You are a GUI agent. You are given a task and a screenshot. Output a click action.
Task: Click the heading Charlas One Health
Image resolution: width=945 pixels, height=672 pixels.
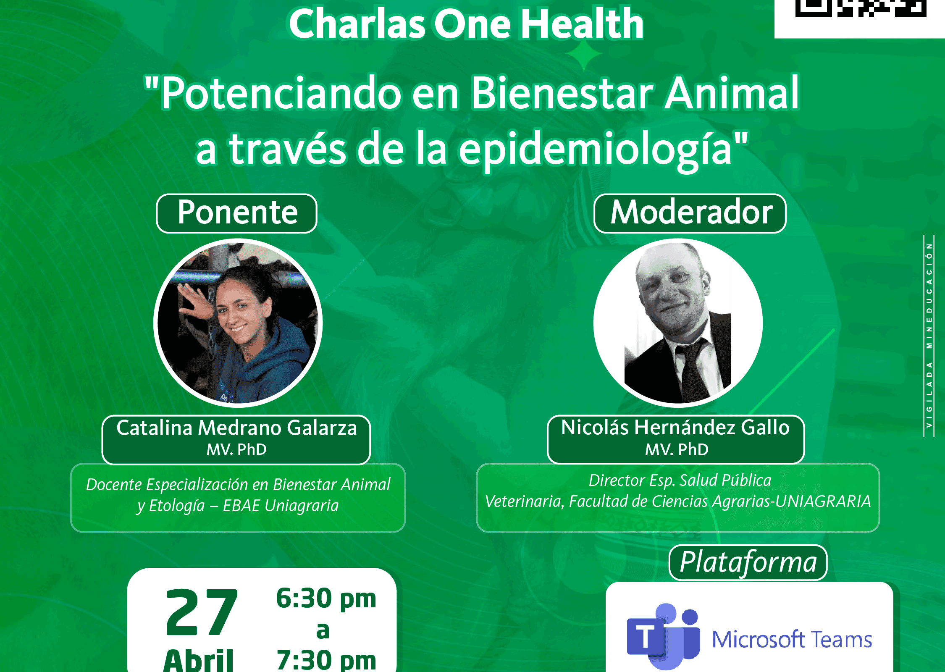(x=466, y=24)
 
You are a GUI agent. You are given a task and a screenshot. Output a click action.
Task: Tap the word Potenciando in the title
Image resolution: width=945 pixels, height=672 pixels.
(x=281, y=93)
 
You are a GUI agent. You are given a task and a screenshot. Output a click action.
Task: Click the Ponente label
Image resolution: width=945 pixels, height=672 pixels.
(x=237, y=213)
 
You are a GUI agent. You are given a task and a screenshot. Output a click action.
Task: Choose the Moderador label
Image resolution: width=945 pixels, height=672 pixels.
(x=690, y=213)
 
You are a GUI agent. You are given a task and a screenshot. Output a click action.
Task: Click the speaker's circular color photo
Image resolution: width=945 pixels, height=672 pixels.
(x=238, y=323)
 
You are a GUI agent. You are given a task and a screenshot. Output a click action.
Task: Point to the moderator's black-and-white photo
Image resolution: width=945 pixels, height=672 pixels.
(x=678, y=323)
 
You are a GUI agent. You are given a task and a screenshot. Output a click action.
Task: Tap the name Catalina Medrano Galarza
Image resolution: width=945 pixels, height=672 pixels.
(x=236, y=428)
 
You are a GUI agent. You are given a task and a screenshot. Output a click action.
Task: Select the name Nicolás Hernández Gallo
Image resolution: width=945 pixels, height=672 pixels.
(x=675, y=428)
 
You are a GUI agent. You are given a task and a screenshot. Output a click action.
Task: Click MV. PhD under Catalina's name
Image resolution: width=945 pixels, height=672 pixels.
(x=236, y=449)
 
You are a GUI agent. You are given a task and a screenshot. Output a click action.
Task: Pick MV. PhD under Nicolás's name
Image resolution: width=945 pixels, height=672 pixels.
(x=677, y=449)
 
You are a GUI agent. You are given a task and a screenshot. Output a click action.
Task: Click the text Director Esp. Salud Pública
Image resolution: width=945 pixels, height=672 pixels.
(x=680, y=480)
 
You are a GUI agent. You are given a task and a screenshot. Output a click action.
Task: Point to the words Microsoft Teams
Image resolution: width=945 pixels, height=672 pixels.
(x=792, y=640)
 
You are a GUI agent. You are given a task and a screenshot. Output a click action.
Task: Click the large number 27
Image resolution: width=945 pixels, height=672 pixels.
(x=202, y=612)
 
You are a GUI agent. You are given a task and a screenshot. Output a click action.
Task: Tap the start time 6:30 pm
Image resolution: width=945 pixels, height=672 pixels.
(x=326, y=598)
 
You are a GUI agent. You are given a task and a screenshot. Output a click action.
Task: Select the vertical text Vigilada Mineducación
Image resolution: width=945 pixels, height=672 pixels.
(x=929, y=336)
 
